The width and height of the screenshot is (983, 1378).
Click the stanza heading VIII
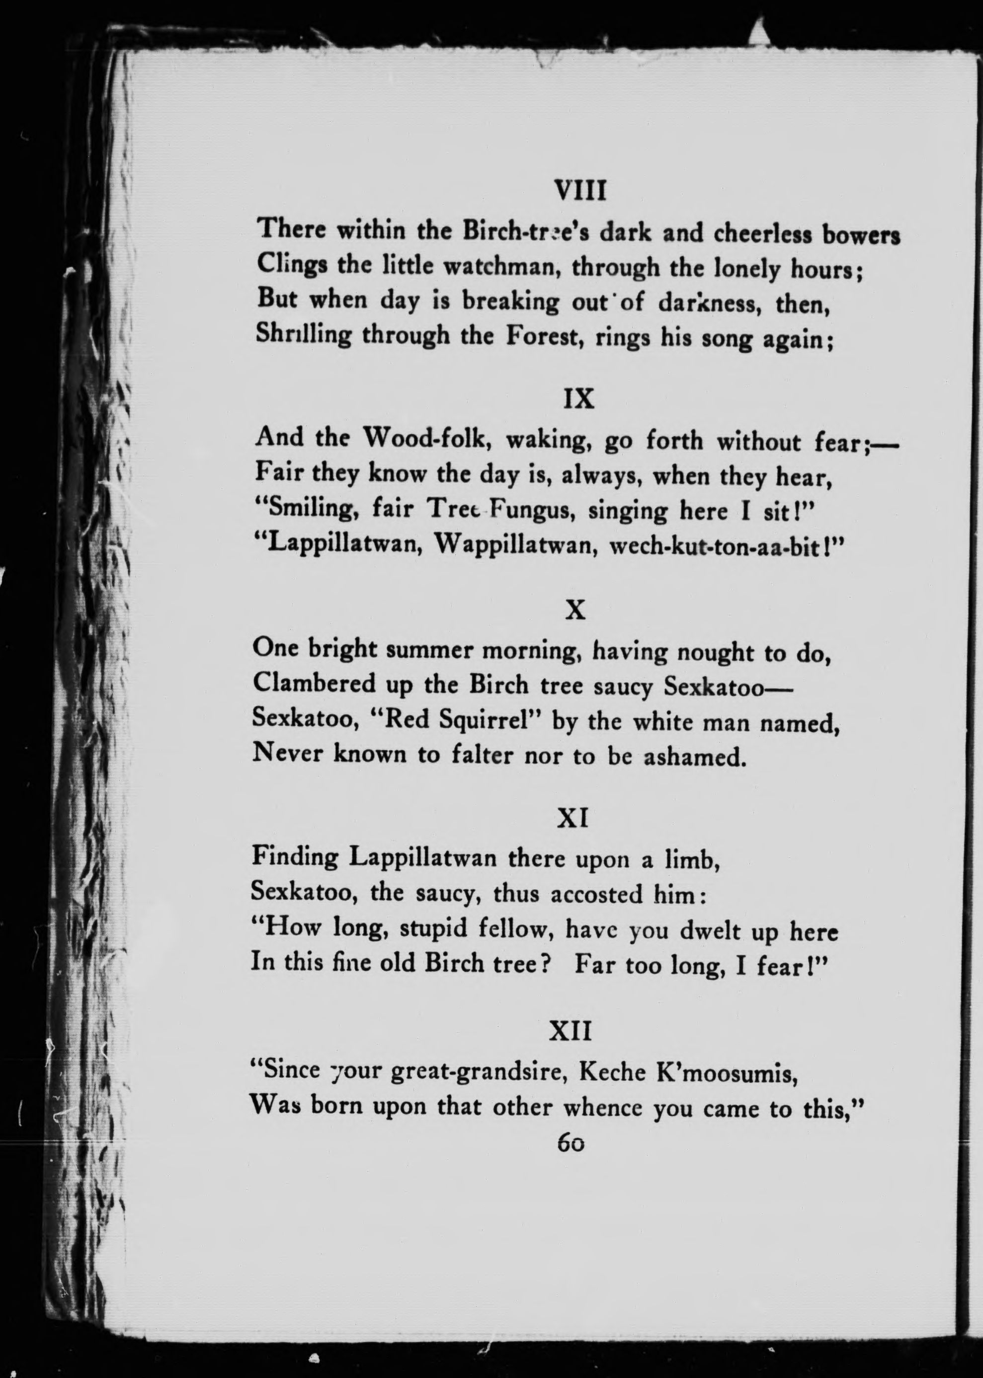tap(580, 191)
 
